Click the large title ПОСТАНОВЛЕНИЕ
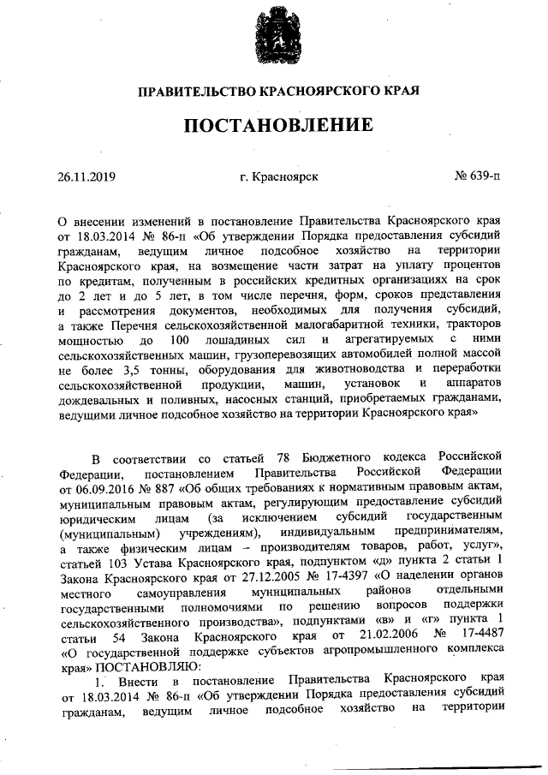pyautogui.click(x=274, y=125)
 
